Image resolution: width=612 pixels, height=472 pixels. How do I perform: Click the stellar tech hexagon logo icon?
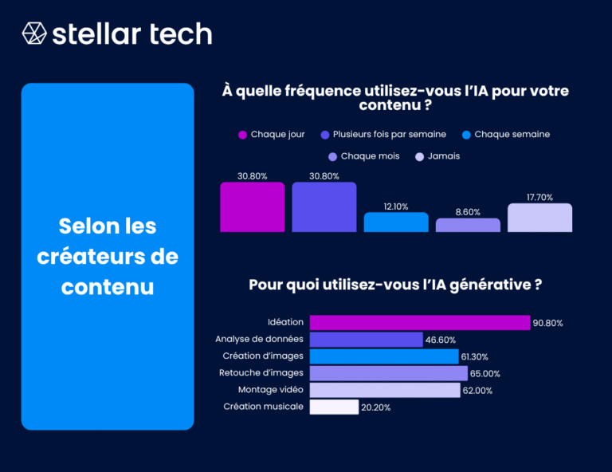point(34,33)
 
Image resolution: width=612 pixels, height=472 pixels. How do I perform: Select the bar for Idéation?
point(419,322)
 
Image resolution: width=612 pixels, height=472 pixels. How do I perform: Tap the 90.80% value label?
point(548,323)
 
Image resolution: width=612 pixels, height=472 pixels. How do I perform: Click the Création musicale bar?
point(334,407)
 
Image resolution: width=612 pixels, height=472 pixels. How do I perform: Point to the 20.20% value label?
point(375,407)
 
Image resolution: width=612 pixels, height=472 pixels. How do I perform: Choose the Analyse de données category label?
point(262,339)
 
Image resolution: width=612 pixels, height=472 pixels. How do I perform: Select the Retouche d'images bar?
point(388,372)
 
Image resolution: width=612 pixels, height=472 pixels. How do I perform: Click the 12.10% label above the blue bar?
point(396,206)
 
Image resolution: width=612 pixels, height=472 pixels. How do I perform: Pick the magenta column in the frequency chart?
point(252,207)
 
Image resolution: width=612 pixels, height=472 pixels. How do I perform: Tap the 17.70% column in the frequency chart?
point(539,218)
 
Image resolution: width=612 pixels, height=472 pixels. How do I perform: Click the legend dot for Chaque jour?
point(242,135)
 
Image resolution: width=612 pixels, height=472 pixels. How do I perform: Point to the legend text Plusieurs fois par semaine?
point(390,134)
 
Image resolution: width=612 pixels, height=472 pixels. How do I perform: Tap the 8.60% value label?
point(468,213)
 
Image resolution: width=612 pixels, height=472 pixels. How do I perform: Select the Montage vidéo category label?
point(270,390)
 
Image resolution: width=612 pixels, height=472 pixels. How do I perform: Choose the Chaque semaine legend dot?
point(466,135)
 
